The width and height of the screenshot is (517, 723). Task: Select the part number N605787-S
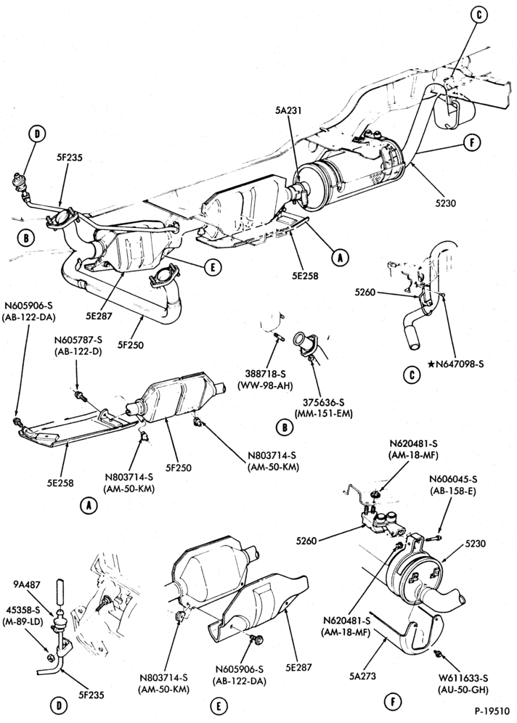(77, 340)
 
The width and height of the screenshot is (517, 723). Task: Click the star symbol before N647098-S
(431, 364)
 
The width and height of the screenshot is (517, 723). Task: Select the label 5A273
(362, 676)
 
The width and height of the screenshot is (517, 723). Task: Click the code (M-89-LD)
(25, 621)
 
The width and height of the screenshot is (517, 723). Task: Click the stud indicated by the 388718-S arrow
(279, 335)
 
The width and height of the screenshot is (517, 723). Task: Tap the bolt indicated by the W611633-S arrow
(438, 653)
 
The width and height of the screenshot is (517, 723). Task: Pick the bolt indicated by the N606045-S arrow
(434, 537)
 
